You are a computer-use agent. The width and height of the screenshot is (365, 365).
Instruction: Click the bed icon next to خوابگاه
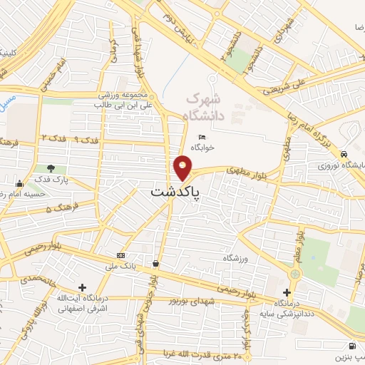tap(202, 137)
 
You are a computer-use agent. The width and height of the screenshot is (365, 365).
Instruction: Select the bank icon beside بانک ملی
tap(120, 255)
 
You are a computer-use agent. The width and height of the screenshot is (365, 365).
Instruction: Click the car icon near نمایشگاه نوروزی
tap(344, 153)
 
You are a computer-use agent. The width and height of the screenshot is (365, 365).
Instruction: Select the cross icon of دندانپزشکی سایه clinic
tap(287, 292)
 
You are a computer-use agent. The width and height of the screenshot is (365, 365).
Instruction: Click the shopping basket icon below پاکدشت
tap(155, 264)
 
